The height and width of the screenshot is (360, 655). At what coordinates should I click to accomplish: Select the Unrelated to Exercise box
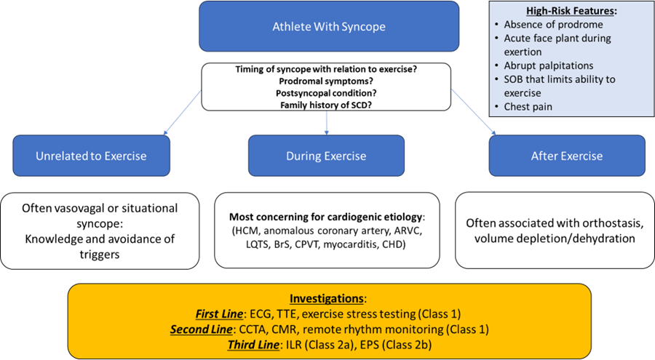[x=91, y=156]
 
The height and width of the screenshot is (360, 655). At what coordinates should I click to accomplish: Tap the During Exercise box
[x=327, y=156]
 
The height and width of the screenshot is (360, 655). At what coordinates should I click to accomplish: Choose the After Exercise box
[x=567, y=156]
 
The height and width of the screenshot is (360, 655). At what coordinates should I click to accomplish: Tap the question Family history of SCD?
[x=326, y=105]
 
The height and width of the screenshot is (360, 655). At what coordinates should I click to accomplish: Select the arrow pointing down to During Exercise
[x=327, y=126]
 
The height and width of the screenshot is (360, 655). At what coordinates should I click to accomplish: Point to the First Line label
[x=220, y=313]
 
